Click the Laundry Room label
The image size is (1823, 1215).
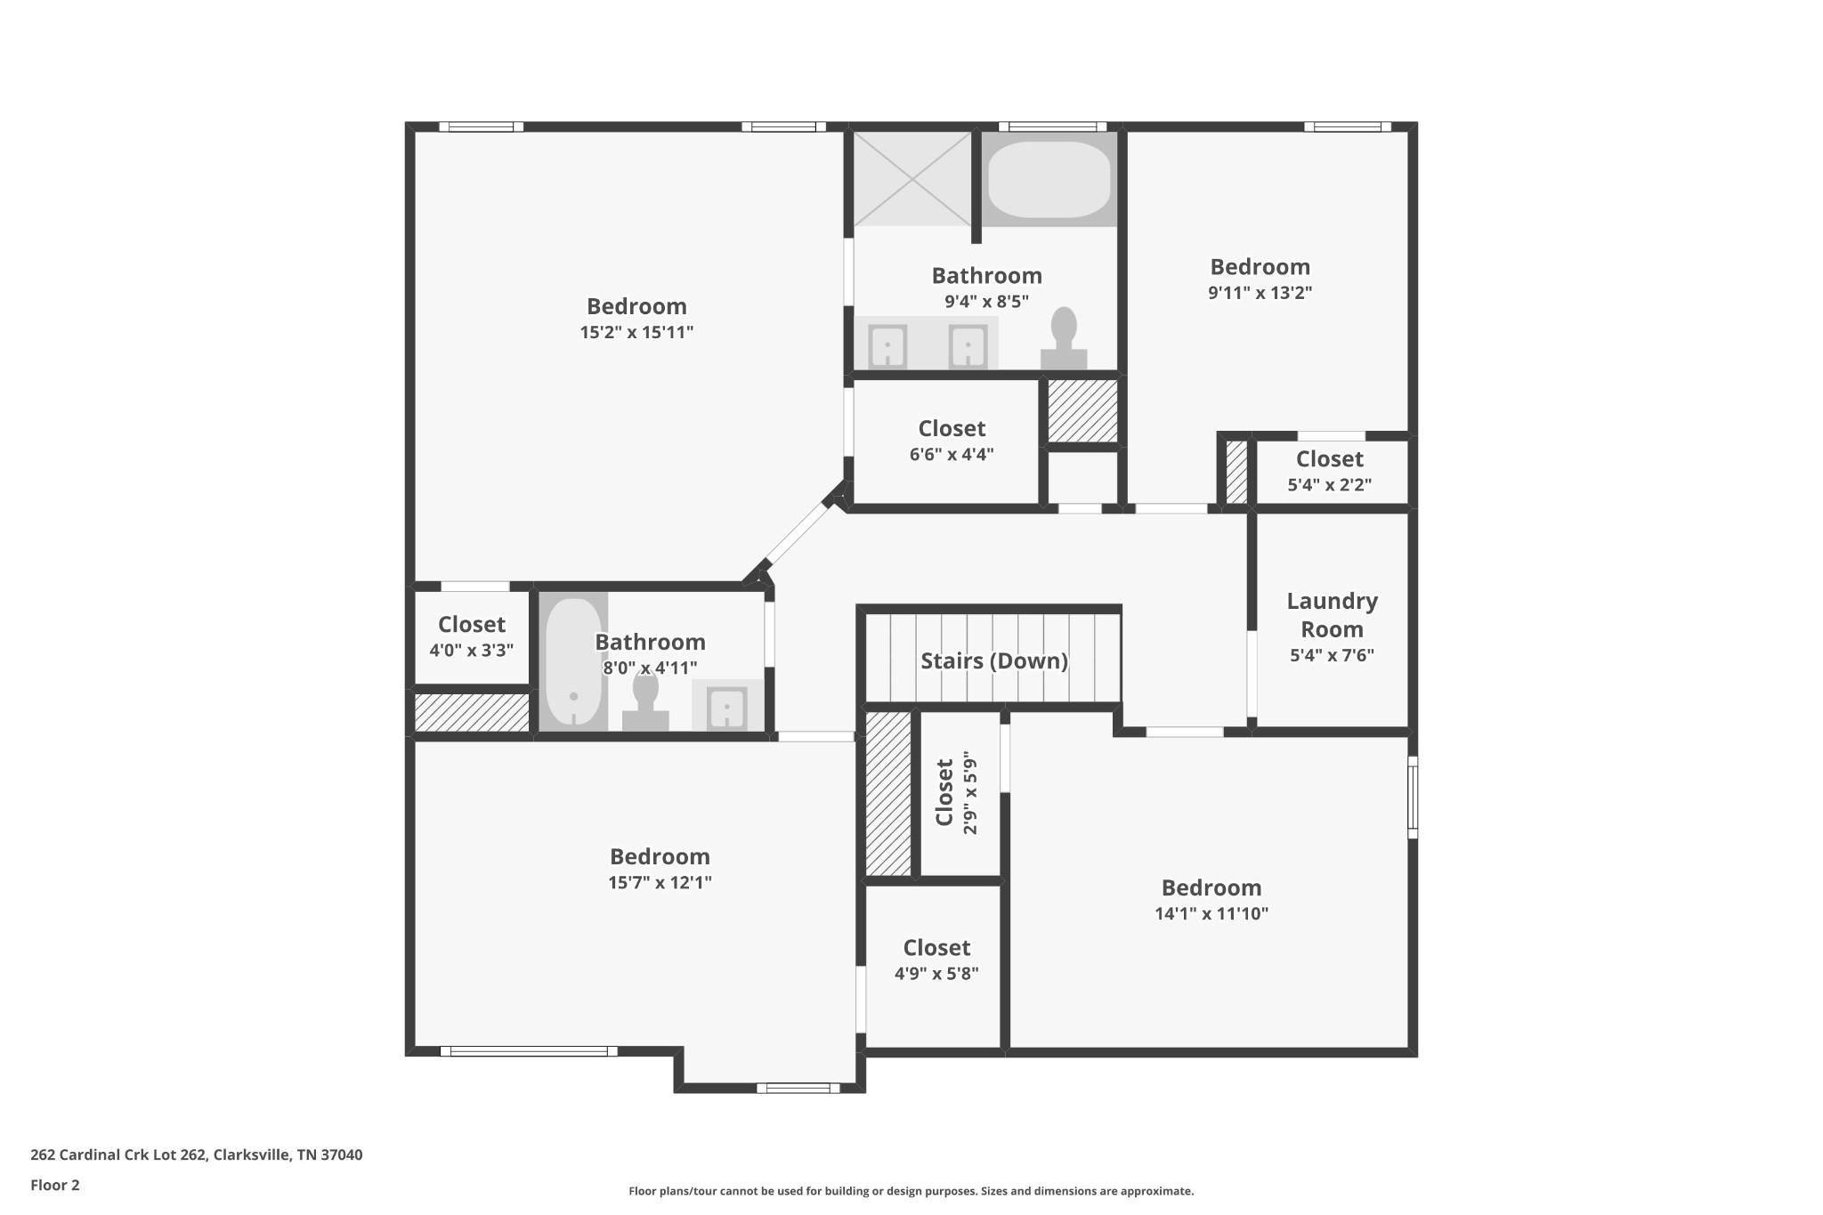pyautogui.click(x=1332, y=615)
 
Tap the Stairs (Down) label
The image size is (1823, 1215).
pyautogui.click(x=993, y=660)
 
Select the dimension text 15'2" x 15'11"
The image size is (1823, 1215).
pyautogui.click(x=636, y=332)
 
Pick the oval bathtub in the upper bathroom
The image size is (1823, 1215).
pyautogui.click(x=1049, y=179)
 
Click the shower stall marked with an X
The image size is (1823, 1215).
pyautogui.click(x=912, y=179)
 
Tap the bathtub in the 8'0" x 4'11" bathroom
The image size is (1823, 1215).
pyautogui.click(x=573, y=660)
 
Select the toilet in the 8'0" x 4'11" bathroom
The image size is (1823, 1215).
pyautogui.click(x=645, y=703)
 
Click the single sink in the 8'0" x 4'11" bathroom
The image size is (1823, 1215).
pyautogui.click(x=727, y=707)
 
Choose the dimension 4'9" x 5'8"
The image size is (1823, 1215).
pyautogui.click(x=936, y=973)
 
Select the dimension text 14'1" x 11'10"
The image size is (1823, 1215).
pyautogui.click(x=1211, y=913)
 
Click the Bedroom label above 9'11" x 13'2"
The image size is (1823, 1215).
pyautogui.click(x=1260, y=266)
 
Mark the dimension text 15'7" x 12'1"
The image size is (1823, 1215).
pyautogui.click(x=660, y=882)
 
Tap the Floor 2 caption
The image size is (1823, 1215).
pyautogui.click(x=55, y=1185)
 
